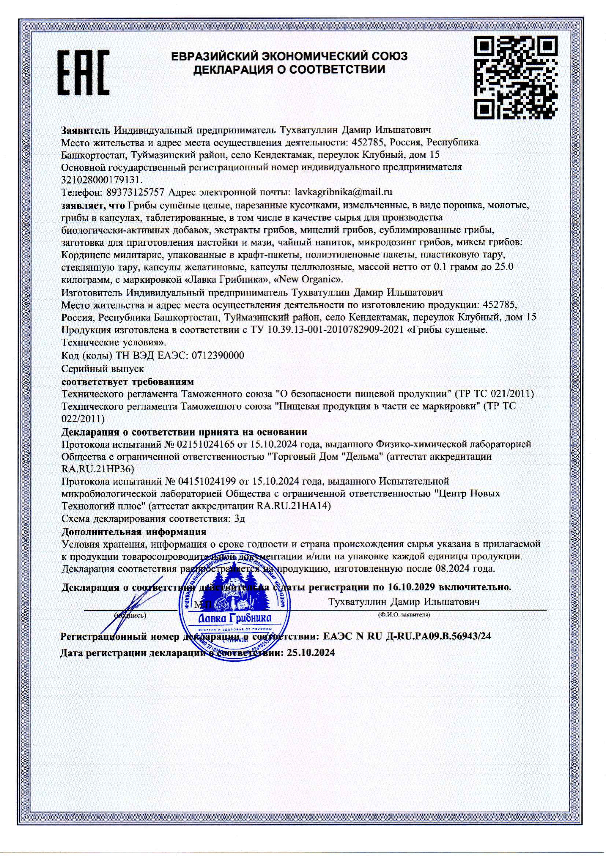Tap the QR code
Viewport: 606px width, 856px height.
[516, 78]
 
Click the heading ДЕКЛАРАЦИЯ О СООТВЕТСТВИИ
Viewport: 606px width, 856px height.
[289, 70]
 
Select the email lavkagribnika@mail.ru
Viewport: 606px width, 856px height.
[343, 192]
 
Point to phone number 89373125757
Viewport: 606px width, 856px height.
[135, 192]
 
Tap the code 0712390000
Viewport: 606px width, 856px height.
[217, 355]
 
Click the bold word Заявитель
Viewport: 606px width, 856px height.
[86, 130]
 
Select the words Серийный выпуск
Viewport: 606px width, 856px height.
[103, 368]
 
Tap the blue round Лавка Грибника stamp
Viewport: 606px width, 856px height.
[235, 604]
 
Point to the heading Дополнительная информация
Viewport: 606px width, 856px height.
[133, 531]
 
